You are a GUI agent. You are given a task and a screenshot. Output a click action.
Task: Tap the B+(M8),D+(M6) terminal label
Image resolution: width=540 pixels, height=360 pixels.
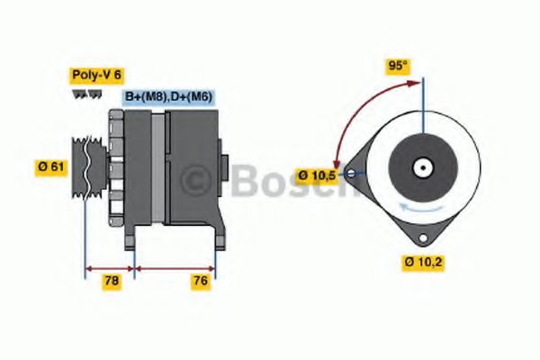168,95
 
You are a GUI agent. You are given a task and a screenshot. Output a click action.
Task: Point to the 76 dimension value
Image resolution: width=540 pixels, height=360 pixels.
201,282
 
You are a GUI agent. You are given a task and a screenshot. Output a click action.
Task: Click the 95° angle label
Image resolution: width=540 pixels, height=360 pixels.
397,66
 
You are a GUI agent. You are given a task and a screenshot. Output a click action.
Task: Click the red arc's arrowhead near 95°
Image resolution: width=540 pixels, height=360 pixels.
418,84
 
